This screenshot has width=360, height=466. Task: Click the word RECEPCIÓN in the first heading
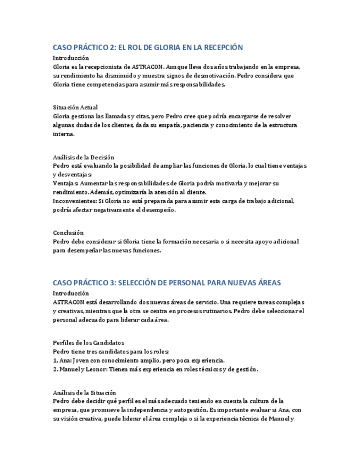pyautogui.click(x=219, y=47)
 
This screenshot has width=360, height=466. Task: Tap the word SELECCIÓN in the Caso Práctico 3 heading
pyautogui.click(x=142, y=282)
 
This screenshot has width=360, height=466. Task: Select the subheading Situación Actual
pyautogui.click(x=75, y=108)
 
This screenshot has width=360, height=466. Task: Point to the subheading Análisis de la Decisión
pyautogui.click(x=84, y=157)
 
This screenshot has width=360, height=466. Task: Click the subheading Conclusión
pyautogui.click(x=68, y=233)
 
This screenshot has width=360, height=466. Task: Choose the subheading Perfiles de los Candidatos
pyautogui.click(x=88, y=343)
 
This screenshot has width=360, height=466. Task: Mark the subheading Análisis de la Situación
pyautogui.click(x=85, y=393)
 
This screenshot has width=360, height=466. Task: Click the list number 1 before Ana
pyautogui.click(x=55, y=360)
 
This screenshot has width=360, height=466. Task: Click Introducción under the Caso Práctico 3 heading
pyautogui.click(x=71, y=293)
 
